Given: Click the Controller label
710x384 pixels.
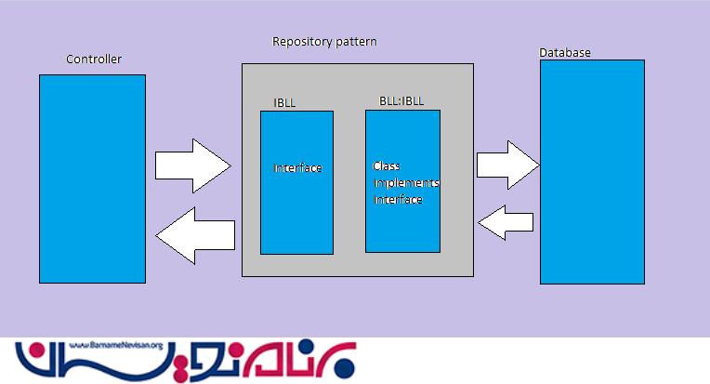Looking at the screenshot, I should [x=93, y=60].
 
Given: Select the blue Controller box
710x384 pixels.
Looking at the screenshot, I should [x=92, y=179].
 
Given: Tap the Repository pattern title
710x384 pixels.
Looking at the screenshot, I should [x=324, y=42].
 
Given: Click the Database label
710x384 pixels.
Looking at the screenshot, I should [x=565, y=52].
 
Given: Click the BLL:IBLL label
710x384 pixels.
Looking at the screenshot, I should [x=401, y=100].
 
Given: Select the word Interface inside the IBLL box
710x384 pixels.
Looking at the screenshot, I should [x=297, y=168].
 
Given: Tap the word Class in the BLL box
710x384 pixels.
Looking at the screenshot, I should [x=387, y=166].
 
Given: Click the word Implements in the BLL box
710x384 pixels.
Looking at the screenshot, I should [x=407, y=183].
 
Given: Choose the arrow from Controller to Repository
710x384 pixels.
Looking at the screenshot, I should [x=191, y=166].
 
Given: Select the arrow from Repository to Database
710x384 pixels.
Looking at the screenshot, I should [x=507, y=165].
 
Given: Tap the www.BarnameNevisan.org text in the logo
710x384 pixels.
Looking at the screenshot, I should [x=116, y=344].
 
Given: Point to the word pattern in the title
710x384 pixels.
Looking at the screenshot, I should [x=358, y=43].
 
